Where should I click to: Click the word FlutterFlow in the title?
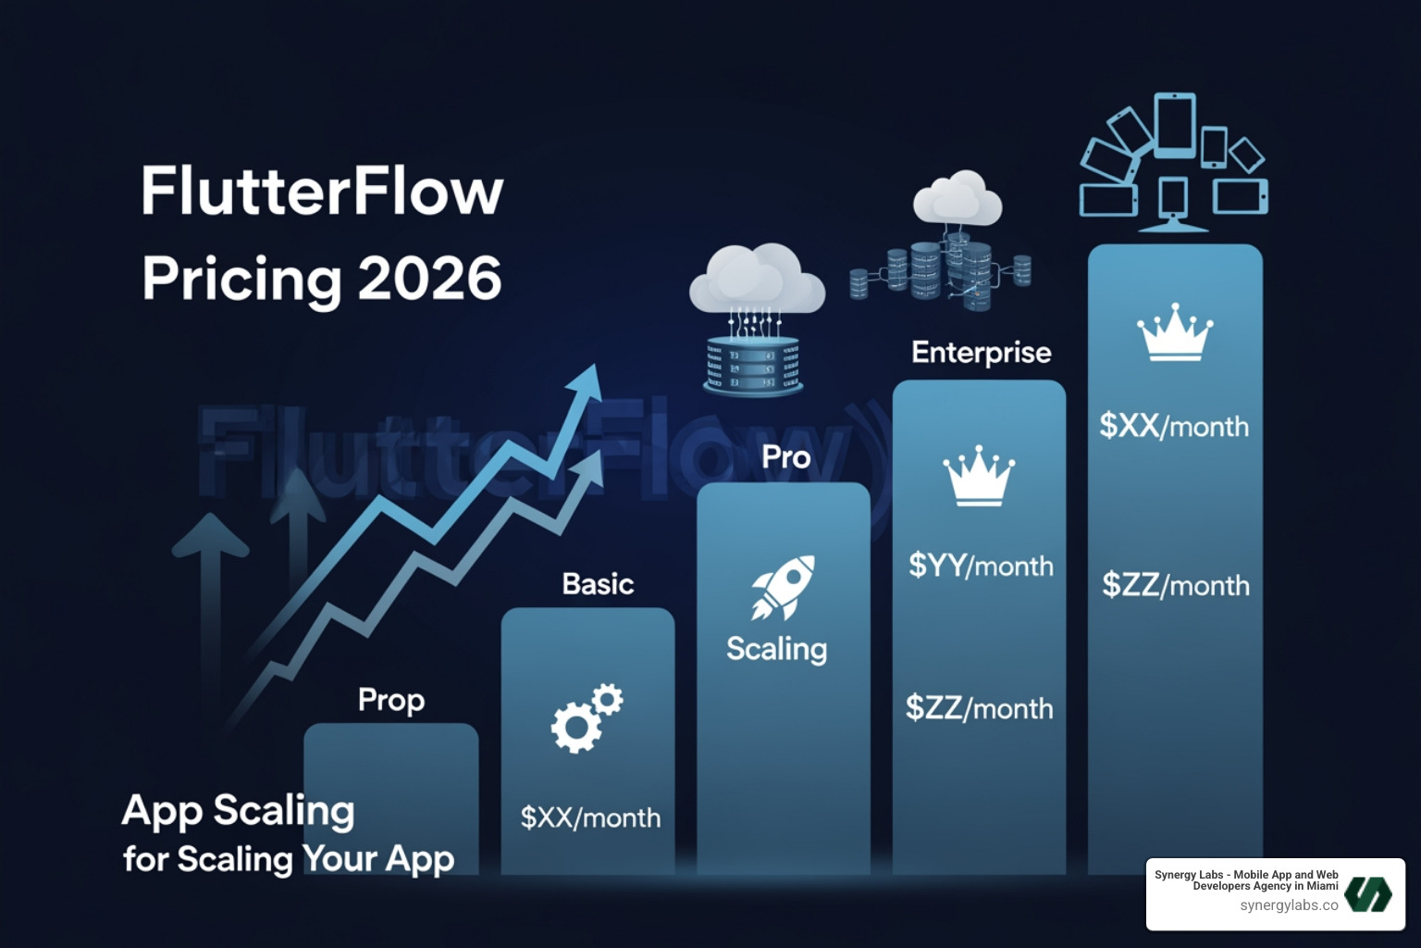(x=322, y=193)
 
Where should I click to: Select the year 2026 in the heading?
(x=429, y=278)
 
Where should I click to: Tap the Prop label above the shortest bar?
(x=391, y=701)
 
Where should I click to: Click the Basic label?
(x=598, y=584)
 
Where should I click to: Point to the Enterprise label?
(x=981, y=353)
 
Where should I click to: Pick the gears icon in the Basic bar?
(x=587, y=717)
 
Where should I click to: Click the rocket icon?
(x=783, y=586)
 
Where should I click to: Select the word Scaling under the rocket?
(x=776, y=649)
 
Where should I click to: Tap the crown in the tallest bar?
(x=1174, y=332)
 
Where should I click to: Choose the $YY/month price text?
(x=981, y=566)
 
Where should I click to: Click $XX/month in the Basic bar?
(x=590, y=817)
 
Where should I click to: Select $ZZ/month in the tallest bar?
(x=1175, y=585)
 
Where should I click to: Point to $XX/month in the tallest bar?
(x=1174, y=426)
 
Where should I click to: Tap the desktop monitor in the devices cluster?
(x=1172, y=204)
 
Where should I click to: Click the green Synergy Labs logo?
(x=1367, y=893)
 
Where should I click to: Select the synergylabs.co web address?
(x=1289, y=905)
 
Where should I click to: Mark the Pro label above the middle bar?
(x=785, y=457)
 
